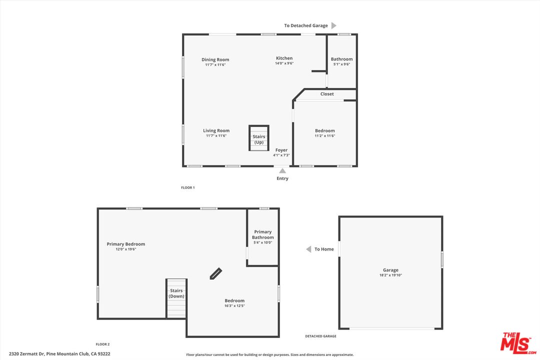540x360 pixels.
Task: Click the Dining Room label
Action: (x=215, y=59)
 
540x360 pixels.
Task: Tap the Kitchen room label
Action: (x=284, y=58)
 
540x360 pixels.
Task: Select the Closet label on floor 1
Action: (x=327, y=94)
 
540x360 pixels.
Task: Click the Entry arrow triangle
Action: (x=282, y=170)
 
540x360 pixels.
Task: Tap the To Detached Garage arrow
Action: (x=334, y=25)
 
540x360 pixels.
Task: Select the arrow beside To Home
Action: (x=309, y=249)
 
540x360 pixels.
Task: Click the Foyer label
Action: (x=281, y=150)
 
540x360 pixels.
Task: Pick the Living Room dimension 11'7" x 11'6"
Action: (x=216, y=136)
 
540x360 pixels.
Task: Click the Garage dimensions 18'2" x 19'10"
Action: (x=390, y=275)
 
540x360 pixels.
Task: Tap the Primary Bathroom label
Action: (x=263, y=234)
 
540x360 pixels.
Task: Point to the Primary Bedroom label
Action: (x=126, y=244)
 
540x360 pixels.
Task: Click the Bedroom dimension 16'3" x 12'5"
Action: (x=234, y=306)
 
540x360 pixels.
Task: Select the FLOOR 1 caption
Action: (x=187, y=187)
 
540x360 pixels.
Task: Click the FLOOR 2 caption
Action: (x=102, y=344)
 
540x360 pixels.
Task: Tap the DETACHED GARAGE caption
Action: (x=321, y=336)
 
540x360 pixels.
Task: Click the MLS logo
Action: (x=518, y=342)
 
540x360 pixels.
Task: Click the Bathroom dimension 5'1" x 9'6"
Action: (x=342, y=64)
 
